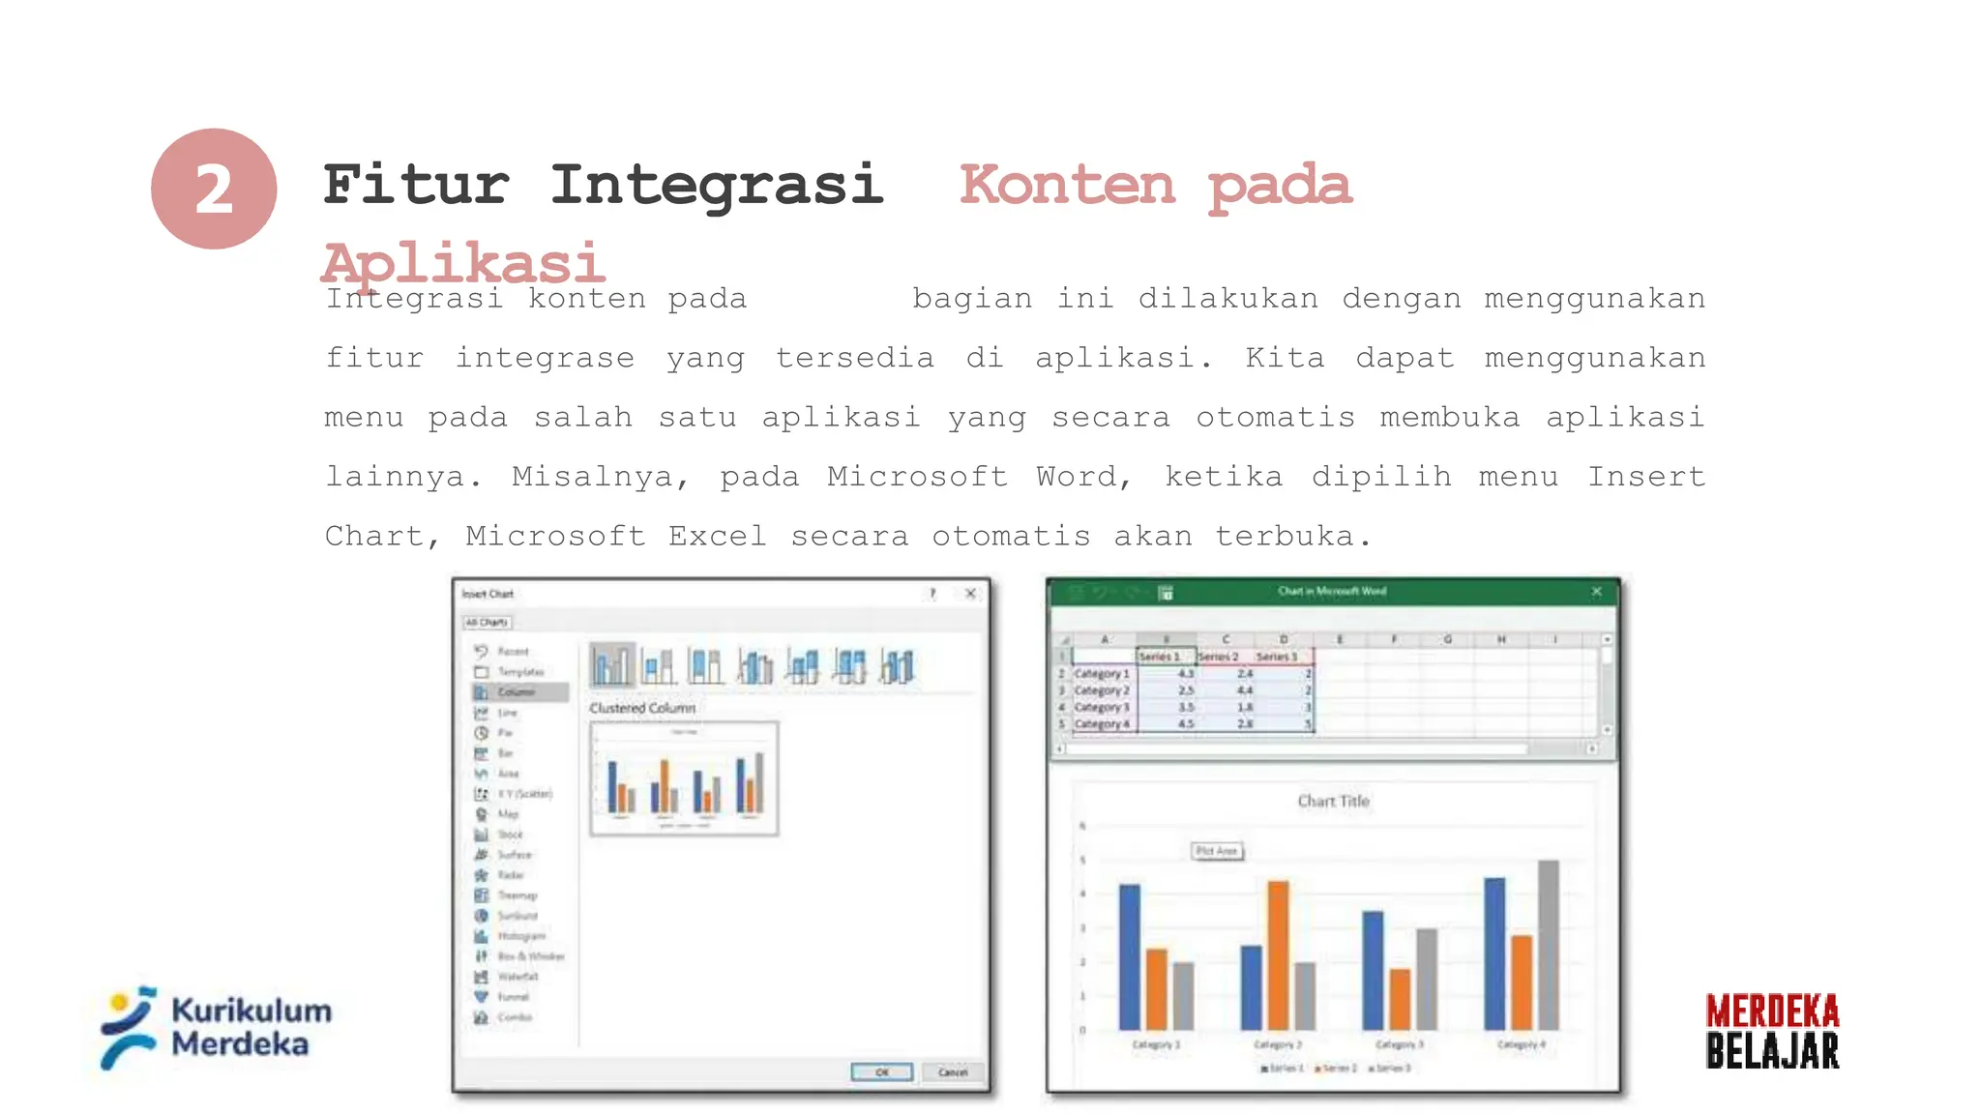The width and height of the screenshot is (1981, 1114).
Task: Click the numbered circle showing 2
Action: point(214,189)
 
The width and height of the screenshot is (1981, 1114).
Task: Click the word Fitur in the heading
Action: point(416,185)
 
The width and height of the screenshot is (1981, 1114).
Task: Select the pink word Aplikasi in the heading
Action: point(463,262)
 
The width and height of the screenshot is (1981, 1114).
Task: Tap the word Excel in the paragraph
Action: point(717,536)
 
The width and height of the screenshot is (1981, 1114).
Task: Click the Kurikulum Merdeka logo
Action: point(216,1027)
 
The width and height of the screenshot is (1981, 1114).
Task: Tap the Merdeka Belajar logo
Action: point(1772,1031)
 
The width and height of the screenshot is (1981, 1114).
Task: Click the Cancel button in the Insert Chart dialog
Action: point(953,1071)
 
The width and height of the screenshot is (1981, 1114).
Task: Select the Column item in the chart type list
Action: point(517,692)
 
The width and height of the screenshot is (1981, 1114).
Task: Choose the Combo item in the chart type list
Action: point(515,1017)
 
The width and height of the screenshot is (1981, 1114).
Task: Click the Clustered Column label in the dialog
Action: point(642,708)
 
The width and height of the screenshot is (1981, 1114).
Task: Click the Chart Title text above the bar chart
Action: point(1333,801)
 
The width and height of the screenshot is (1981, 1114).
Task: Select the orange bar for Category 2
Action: point(1278,953)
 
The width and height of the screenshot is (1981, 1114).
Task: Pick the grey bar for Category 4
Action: point(1548,944)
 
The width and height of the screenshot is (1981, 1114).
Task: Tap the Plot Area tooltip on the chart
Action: point(1216,851)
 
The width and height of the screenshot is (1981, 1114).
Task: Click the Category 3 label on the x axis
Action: point(1400,1044)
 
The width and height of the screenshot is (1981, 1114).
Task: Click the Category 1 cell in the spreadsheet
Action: point(1102,673)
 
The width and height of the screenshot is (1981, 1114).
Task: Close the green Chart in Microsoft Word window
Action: point(1597,591)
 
